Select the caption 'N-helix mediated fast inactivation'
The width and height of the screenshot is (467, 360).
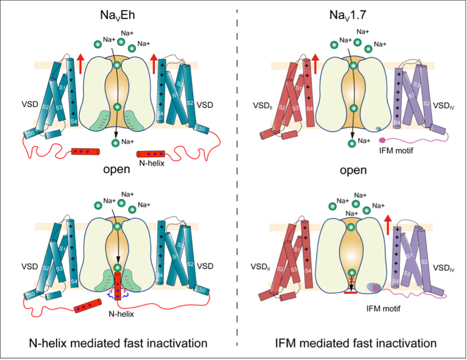point(118,343)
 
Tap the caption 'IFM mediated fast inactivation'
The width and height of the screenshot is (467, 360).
point(355,343)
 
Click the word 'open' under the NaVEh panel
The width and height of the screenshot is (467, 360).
point(117,170)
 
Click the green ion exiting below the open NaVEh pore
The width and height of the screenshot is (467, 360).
point(117,142)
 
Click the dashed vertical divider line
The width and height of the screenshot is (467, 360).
point(237,180)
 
